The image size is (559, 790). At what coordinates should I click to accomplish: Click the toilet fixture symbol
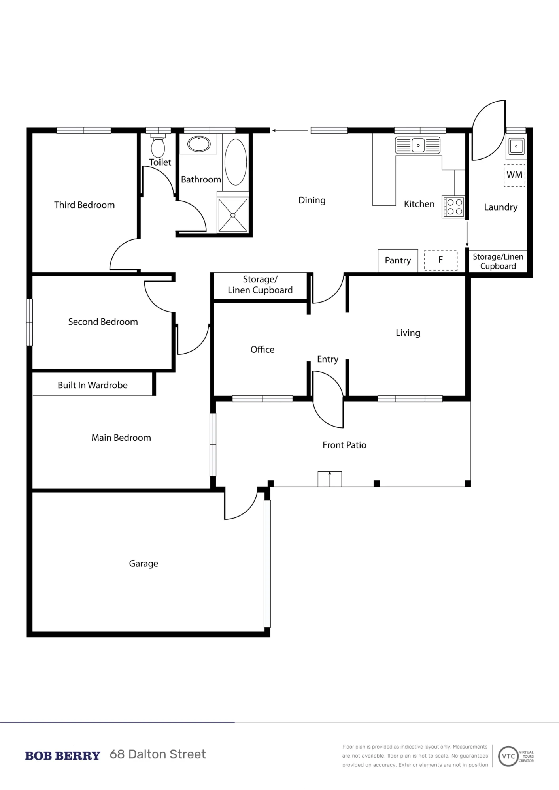[158, 146]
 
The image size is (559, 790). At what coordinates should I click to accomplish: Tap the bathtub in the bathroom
[236, 162]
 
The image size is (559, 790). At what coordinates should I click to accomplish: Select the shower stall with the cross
[233, 215]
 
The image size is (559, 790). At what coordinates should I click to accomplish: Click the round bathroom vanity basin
[199, 144]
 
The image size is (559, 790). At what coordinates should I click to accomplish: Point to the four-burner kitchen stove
[453, 207]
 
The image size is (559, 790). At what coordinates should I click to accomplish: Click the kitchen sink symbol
[418, 145]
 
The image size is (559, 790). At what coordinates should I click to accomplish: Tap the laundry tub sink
[516, 146]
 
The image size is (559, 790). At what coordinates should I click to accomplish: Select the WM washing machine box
[514, 175]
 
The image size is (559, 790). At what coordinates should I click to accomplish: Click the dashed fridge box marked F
[441, 260]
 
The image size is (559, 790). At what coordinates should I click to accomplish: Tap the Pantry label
[398, 261]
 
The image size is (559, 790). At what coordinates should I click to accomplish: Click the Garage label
[144, 564]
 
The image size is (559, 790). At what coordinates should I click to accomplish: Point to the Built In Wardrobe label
[93, 385]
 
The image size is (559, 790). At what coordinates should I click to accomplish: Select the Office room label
[263, 350]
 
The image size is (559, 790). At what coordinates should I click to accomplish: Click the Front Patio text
[344, 445]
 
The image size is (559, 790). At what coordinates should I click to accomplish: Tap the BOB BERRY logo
[62, 756]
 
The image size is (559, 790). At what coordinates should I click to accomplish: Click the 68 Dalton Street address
[158, 754]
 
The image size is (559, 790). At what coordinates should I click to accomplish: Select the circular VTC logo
[508, 756]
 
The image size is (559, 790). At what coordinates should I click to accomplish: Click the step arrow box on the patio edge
[330, 479]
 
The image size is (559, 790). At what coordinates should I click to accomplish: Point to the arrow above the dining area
[289, 130]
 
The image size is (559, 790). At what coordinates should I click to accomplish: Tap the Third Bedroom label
[85, 205]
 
